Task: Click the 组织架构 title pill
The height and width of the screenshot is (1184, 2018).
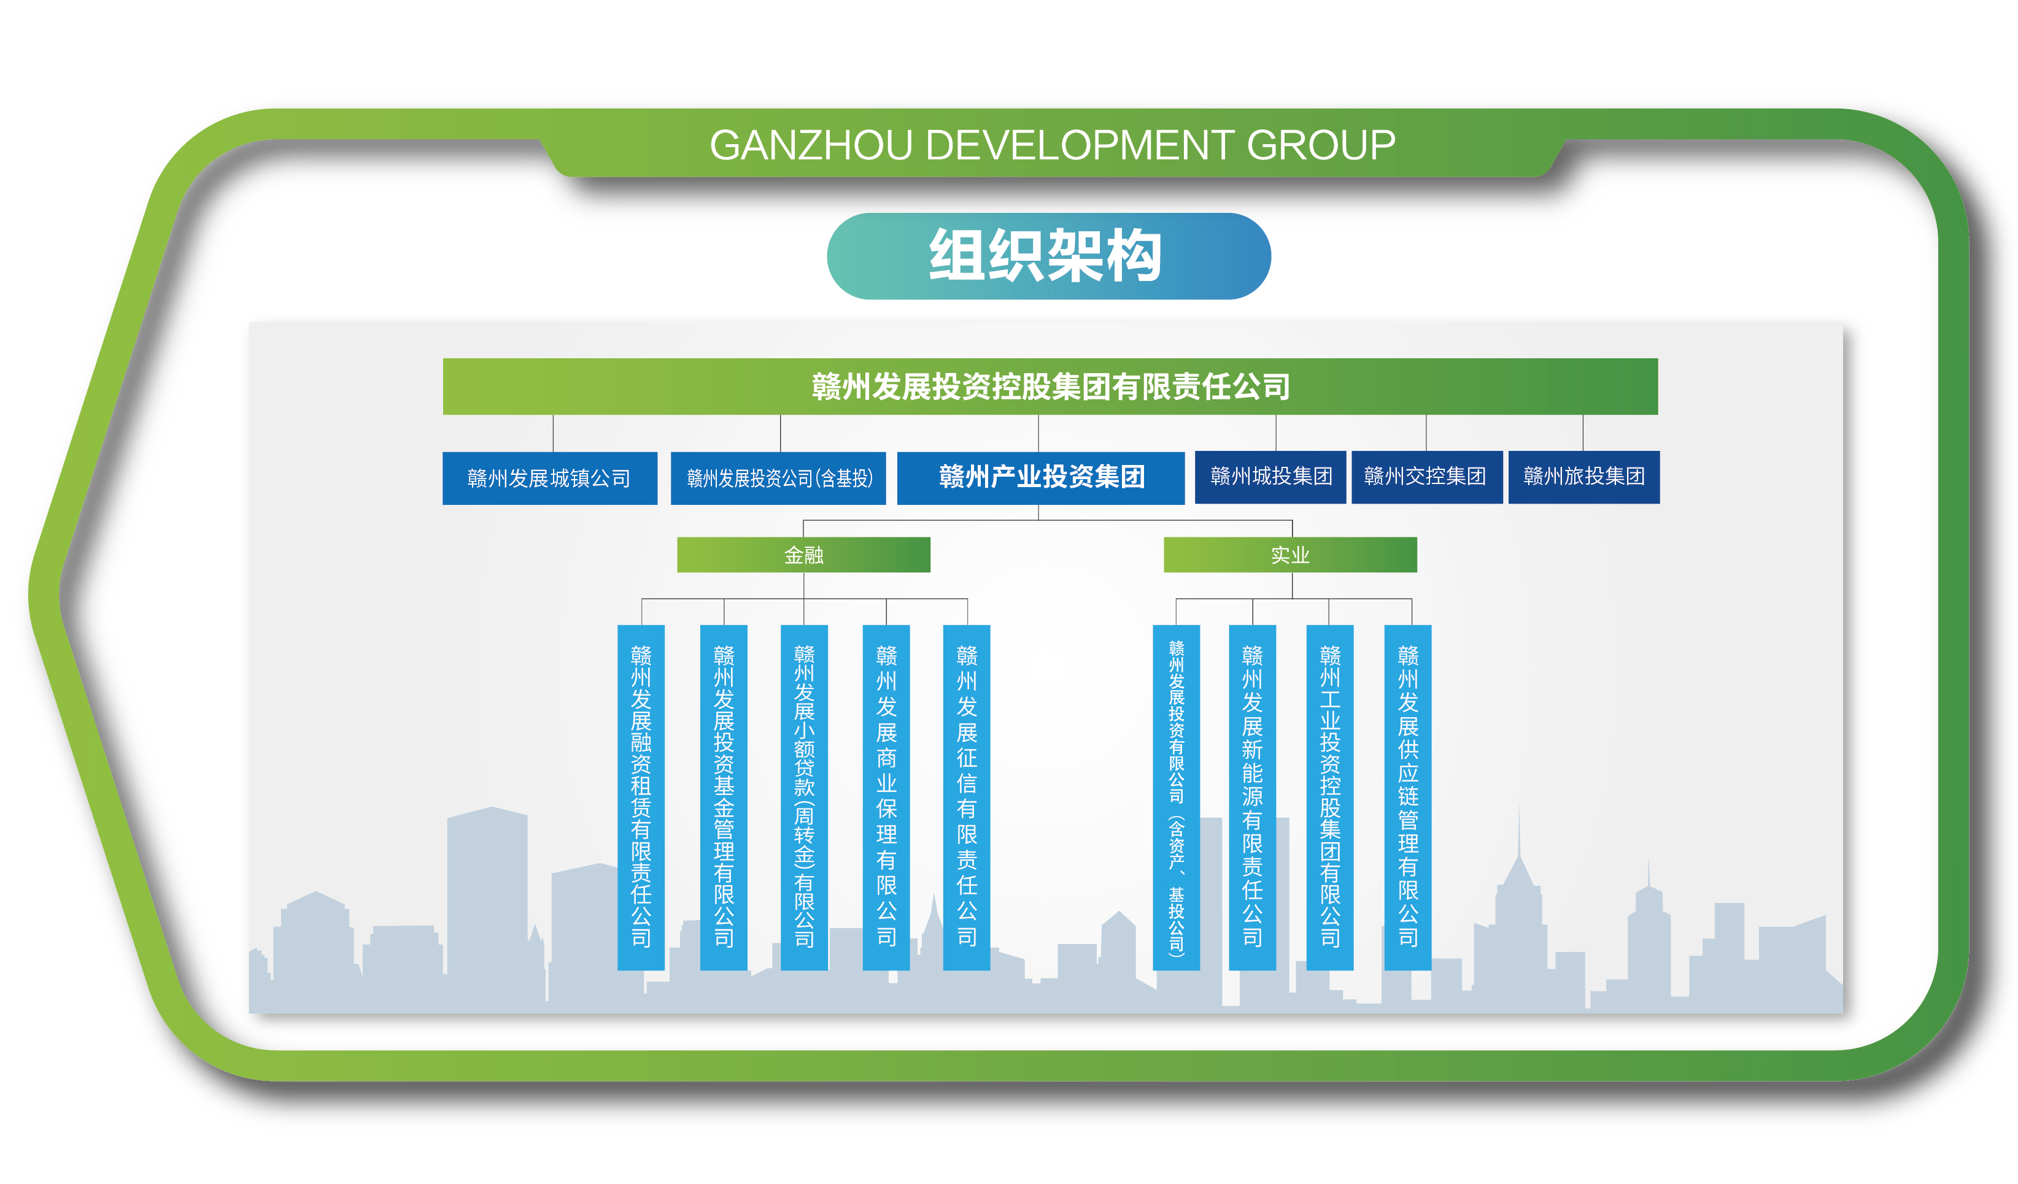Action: tap(1048, 256)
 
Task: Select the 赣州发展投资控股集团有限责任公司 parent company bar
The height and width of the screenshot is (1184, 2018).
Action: tap(1050, 386)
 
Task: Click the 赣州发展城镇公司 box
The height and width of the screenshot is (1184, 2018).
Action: tap(549, 478)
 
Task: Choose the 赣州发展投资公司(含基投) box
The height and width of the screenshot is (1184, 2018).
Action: tap(778, 478)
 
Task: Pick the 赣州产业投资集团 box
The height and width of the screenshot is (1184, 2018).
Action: tap(1040, 478)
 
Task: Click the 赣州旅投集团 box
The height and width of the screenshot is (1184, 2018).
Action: tap(1583, 477)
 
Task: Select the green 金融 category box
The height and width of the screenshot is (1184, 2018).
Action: tap(803, 555)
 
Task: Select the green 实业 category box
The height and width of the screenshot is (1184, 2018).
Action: tap(1290, 555)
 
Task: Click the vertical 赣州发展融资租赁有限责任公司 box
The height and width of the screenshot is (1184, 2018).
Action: tap(641, 798)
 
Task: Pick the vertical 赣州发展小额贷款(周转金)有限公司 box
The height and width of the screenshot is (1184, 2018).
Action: tap(804, 798)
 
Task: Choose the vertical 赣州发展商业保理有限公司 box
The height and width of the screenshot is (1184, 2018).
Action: tap(886, 798)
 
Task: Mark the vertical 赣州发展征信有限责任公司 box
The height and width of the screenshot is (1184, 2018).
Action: tap(967, 798)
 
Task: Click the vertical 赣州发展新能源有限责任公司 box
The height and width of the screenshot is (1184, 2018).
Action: tap(1253, 798)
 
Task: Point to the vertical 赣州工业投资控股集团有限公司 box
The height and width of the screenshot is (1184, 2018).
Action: tap(1330, 798)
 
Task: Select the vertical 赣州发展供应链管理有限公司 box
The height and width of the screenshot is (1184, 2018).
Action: tap(1408, 798)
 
